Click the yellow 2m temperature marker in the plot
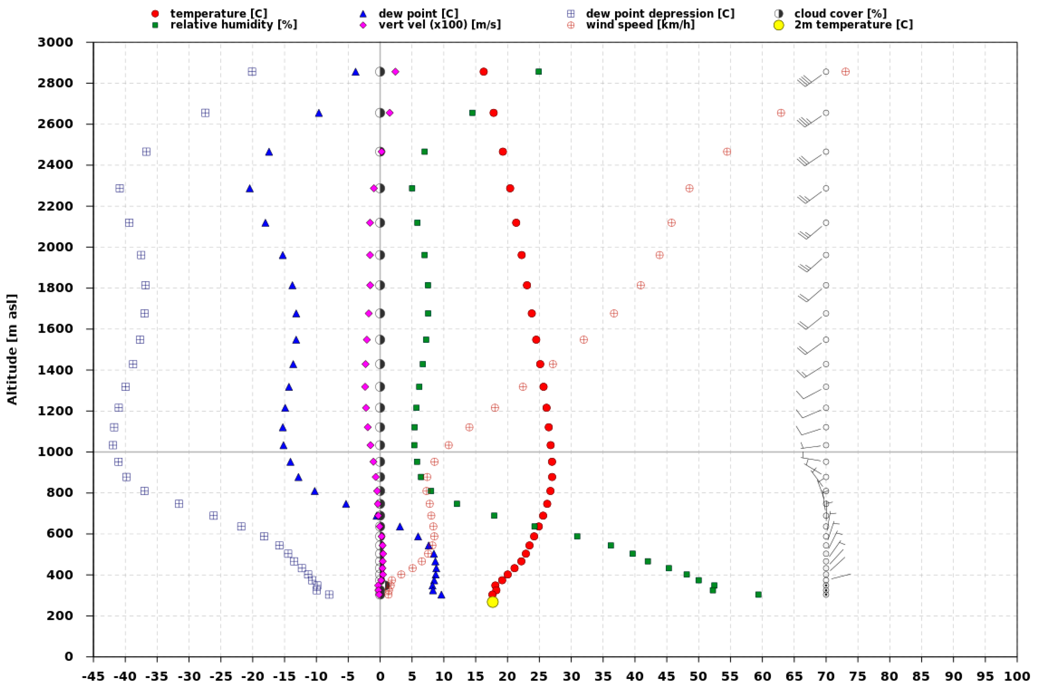click(493, 601)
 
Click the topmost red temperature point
click(483, 72)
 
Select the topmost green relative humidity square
click(539, 72)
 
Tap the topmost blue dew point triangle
click(355, 72)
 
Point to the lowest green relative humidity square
click(758, 595)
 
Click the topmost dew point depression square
click(252, 72)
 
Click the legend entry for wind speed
click(640, 25)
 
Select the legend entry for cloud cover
click(840, 14)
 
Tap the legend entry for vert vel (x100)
click(439, 25)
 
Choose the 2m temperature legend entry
click(853, 25)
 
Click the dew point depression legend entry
click(660, 14)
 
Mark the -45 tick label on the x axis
click(93, 676)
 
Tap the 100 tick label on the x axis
click(1017, 676)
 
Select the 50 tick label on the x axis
click(699, 676)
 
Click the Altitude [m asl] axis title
click(12, 349)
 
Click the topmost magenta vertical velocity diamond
click(395, 72)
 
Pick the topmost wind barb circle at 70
click(826, 72)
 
